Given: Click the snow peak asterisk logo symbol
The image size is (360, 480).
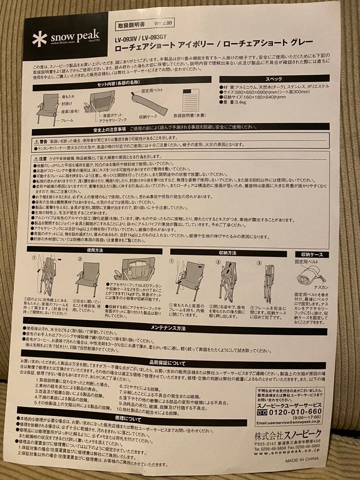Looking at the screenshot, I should tap(39, 39).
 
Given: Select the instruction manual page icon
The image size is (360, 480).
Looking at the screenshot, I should tap(191, 98).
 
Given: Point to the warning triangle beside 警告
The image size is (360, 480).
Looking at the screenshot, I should tap(37, 140).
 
